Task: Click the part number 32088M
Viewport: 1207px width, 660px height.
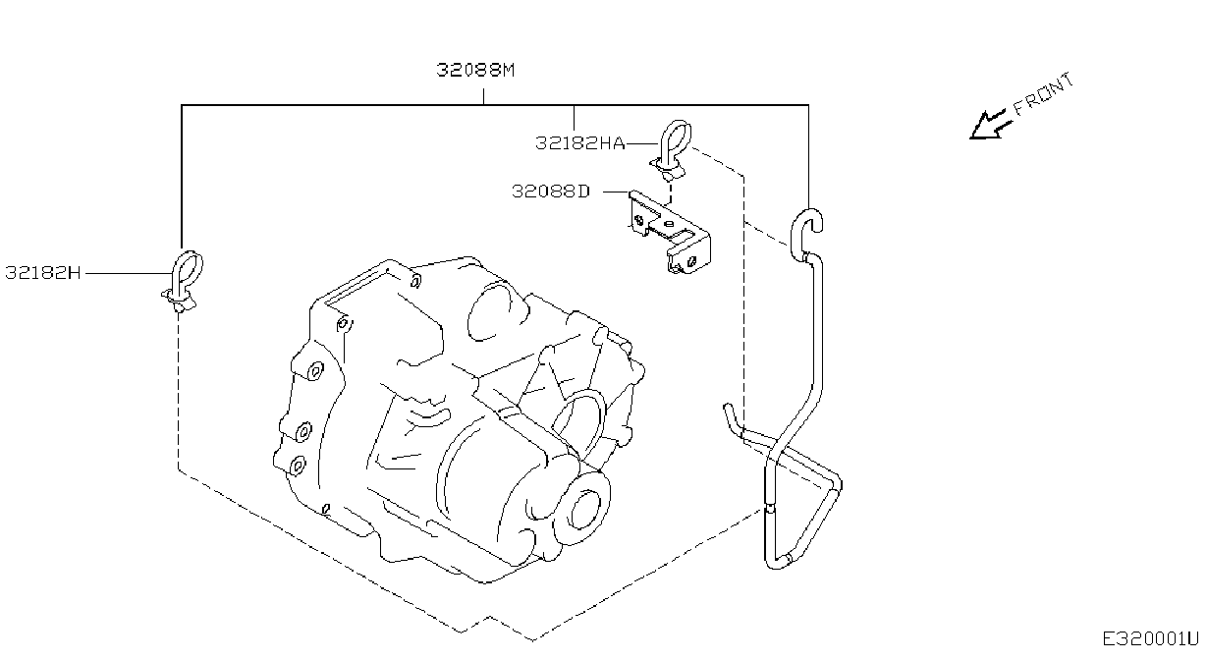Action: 475,70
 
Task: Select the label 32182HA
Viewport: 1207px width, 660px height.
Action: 579,143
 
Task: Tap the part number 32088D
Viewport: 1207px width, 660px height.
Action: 551,192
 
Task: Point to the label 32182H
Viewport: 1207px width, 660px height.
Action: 42,273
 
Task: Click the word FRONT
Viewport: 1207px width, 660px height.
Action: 1043,94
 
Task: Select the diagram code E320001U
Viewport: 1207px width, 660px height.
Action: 1150,639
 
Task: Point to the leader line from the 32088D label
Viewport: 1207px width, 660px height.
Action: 616,192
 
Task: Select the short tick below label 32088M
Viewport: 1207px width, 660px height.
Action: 484,97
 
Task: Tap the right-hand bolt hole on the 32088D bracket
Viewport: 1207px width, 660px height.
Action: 692,261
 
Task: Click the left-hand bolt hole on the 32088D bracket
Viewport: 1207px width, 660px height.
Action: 639,220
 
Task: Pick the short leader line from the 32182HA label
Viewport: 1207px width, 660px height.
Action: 642,143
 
